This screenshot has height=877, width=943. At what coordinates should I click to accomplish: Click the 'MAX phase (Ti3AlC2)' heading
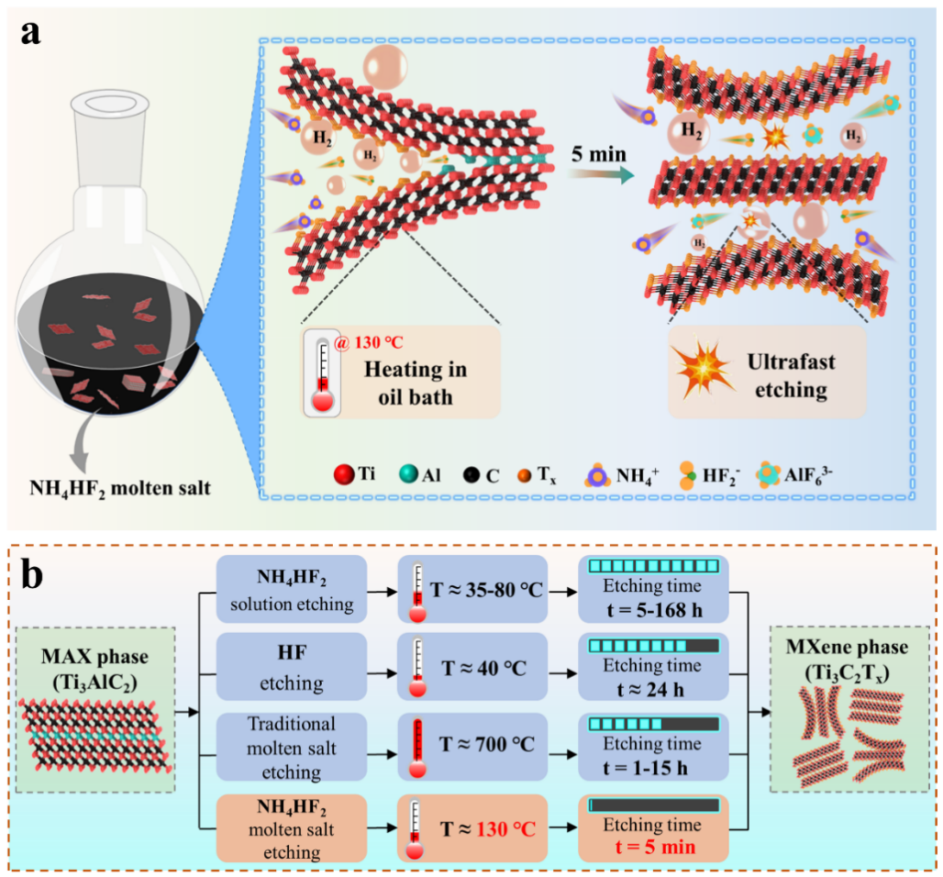[94, 659]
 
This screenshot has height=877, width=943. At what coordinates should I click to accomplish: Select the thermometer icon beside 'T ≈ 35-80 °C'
[417, 589]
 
